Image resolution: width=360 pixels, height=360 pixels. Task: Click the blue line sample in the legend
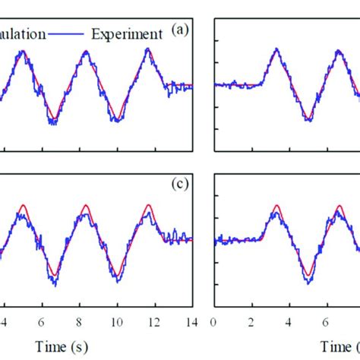[72, 33]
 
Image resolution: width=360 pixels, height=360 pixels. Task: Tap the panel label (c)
[180, 184]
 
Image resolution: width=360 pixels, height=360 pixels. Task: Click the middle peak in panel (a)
[86, 51]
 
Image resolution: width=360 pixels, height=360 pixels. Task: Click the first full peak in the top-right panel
[276, 50]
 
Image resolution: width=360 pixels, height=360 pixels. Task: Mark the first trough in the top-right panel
[308, 120]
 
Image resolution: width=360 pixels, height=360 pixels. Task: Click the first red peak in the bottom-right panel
[277, 205]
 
